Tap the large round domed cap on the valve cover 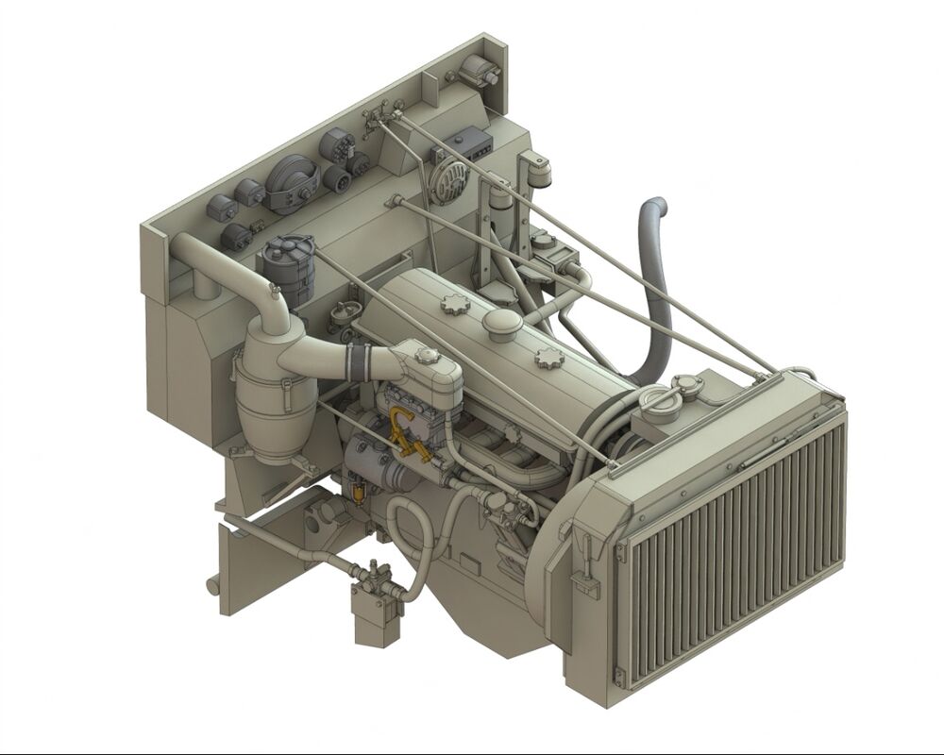coord(502,324)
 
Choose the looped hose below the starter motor coord(405,538)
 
